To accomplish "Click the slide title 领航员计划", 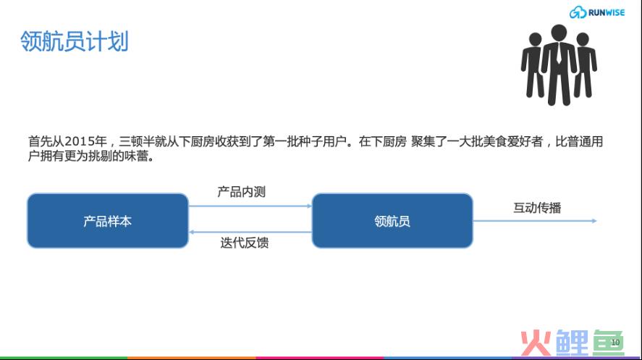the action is [x=74, y=41].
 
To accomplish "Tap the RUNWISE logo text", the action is [x=607, y=13].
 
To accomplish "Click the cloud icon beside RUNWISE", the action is [x=578, y=12].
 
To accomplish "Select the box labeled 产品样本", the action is [x=108, y=221].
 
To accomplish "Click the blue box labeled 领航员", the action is [x=392, y=221].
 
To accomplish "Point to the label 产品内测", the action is [x=242, y=192].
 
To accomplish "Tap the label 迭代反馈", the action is [x=245, y=243].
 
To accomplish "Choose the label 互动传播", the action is [x=537, y=208].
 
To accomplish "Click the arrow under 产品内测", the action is [x=250, y=206].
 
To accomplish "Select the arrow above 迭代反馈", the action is [x=250, y=233].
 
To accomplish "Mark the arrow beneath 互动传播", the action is [x=535, y=221].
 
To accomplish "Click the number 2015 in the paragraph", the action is [x=80, y=142].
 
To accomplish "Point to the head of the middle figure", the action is [x=559, y=32].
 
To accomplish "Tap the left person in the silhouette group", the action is [x=533, y=65].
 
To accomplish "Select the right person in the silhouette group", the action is [x=585, y=65].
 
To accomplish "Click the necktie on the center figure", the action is [x=559, y=54].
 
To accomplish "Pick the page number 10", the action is [x=615, y=343].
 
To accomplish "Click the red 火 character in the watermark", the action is [x=536, y=343].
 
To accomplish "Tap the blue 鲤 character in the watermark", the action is [x=572, y=343].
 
